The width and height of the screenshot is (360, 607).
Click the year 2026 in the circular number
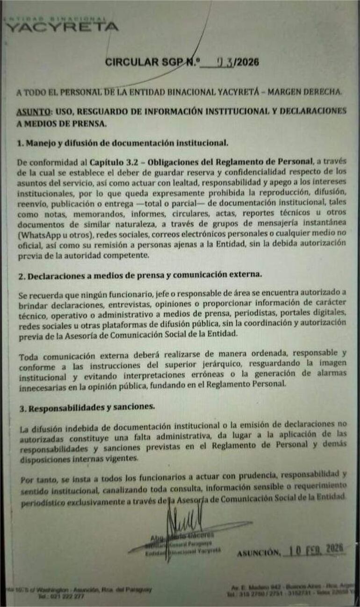248,62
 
